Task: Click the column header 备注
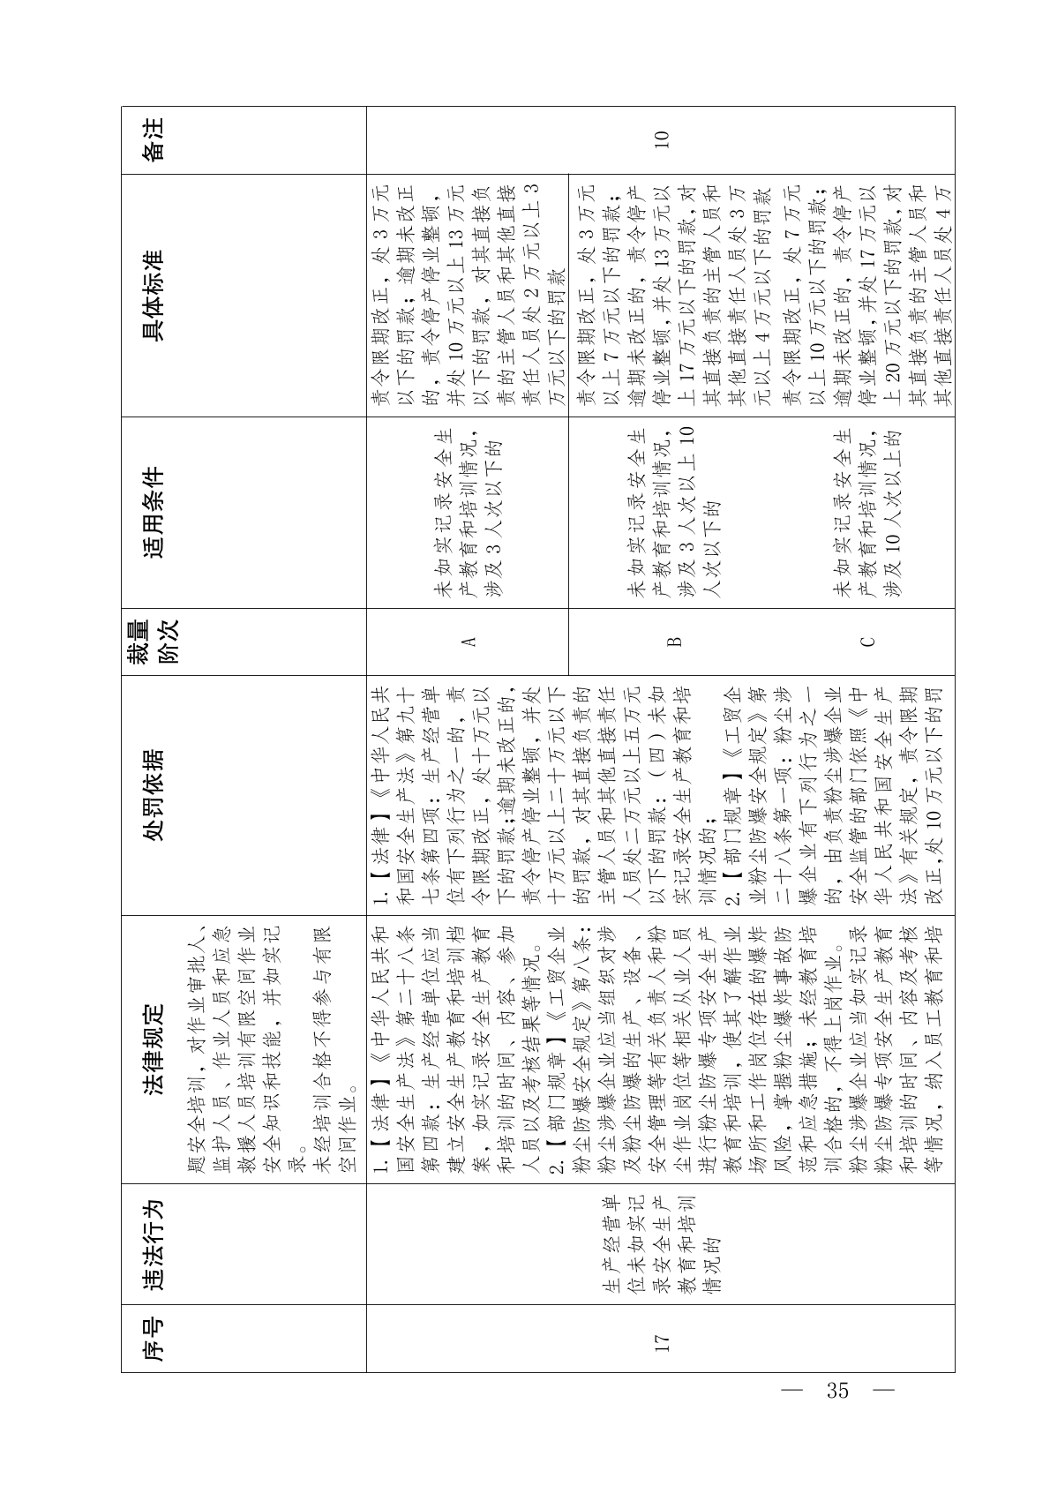tap(154, 139)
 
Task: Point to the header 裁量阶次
tap(154, 642)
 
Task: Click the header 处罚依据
tap(154, 795)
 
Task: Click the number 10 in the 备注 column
tap(662, 139)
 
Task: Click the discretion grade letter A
tap(469, 642)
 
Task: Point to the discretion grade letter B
tap(673, 642)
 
